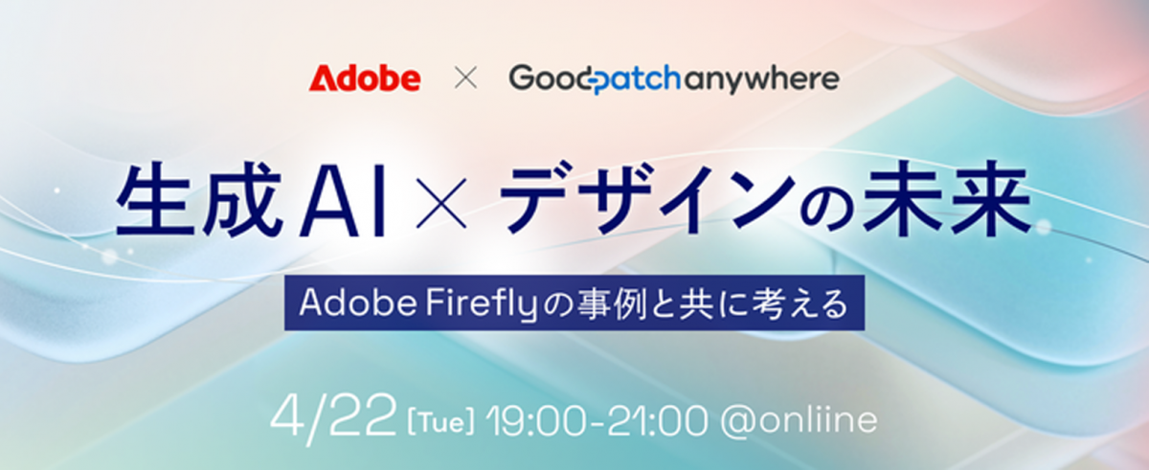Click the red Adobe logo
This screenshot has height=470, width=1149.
pos(365,78)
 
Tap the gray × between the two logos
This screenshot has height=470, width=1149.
pos(465,78)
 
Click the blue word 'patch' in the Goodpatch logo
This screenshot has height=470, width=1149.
pos(637,79)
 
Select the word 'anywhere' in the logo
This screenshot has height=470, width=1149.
pos(761,79)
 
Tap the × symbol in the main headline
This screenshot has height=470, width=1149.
pos(441,203)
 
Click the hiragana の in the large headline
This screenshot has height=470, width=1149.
pos(828,207)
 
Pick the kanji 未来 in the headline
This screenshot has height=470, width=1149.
pos(947,199)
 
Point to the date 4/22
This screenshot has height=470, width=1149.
pos(334,421)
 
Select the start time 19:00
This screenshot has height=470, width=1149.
pos(538,422)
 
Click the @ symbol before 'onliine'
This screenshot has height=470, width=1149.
pos(737,423)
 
